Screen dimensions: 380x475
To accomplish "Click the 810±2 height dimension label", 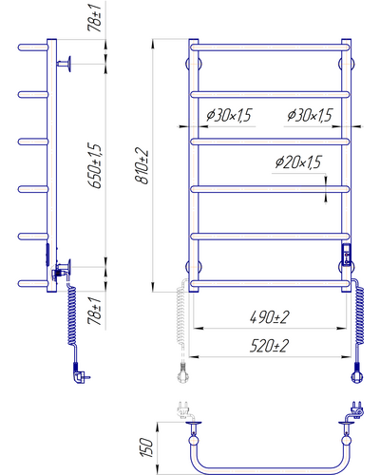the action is [x=142, y=165].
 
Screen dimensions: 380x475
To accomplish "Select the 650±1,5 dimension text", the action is [x=95, y=165].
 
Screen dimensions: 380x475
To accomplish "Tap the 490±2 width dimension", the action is [x=270, y=317].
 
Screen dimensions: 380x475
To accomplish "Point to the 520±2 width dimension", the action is [x=270, y=346].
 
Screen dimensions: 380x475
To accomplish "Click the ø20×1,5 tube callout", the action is [x=298, y=161].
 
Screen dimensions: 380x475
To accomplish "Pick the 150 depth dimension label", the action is [x=146, y=447].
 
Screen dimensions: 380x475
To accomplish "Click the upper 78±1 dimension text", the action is [x=95, y=18].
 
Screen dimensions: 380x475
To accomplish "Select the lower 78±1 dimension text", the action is [x=95, y=312].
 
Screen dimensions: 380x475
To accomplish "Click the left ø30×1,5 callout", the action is [x=229, y=115].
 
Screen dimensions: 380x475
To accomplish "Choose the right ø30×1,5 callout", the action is [x=310, y=115].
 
